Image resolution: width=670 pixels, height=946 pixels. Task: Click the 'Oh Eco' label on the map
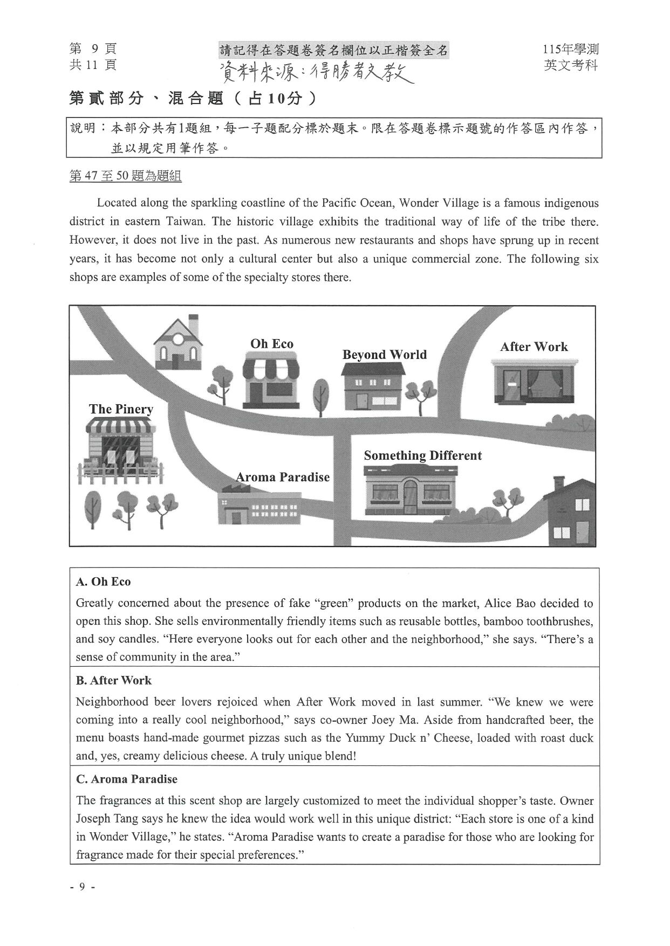(x=272, y=344)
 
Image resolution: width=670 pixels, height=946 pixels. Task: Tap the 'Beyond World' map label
(x=384, y=355)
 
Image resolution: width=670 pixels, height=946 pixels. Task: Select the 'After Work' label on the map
(x=534, y=347)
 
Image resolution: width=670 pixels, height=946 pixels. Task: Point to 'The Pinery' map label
(x=121, y=409)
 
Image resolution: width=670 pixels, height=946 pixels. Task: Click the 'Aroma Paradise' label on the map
(x=283, y=477)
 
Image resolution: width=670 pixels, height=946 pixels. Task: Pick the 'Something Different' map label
(x=422, y=455)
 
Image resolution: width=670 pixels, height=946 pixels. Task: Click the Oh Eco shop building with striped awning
(x=271, y=380)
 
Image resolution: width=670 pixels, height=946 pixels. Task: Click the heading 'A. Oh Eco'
(x=104, y=582)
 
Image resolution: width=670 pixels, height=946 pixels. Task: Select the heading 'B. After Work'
(x=114, y=680)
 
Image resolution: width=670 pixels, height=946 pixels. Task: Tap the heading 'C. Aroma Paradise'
(x=127, y=779)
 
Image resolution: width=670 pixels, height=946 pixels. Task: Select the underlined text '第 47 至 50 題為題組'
(x=125, y=176)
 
